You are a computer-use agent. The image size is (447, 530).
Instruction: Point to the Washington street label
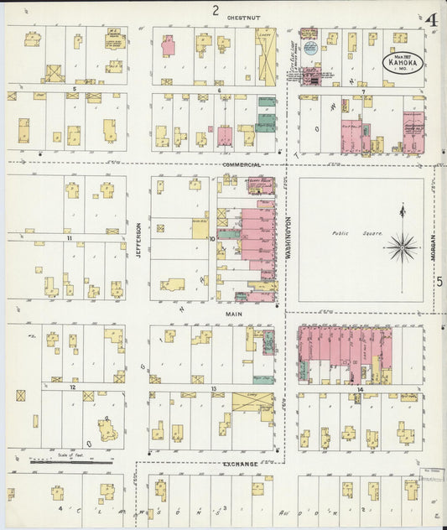click(287, 237)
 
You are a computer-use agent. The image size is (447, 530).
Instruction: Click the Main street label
click(234, 314)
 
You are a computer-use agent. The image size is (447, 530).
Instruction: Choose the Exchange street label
click(241, 462)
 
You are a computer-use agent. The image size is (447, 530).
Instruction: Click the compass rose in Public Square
click(403, 247)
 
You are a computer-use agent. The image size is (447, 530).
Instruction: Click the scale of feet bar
click(71, 460)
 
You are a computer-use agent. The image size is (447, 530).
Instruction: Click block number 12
click(74, 388)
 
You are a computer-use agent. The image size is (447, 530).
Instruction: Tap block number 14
click(359, 391)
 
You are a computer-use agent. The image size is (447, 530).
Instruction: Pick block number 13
click(215, 388)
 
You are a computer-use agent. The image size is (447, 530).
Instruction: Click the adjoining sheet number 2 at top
click(216, 10)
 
